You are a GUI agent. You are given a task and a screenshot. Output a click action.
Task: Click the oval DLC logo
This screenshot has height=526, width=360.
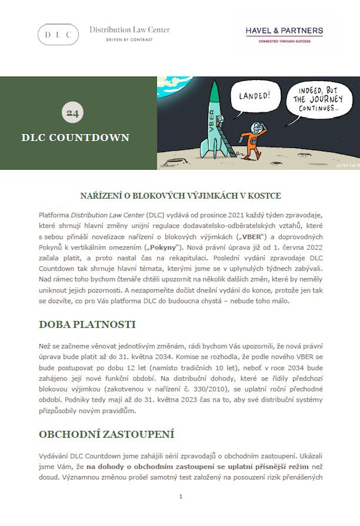[x=58, y=34]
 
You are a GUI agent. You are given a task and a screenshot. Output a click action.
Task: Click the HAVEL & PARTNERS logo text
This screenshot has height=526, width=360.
[x=284, y=31]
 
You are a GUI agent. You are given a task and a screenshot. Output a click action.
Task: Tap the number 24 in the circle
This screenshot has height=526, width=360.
[x=72, y=113]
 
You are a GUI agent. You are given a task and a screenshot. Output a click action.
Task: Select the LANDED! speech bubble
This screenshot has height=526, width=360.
[x=254, y=96]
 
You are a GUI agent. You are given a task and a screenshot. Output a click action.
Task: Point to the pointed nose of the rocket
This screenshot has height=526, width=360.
[x=214, y=85]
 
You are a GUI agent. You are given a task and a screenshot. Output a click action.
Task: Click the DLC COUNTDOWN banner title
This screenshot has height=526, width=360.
[x=75, y=137]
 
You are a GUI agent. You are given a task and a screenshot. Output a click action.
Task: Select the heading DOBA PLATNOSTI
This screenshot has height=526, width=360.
[x=87, y=324]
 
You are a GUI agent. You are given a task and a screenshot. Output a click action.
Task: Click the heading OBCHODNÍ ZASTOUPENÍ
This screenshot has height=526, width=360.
[x=106, y=434]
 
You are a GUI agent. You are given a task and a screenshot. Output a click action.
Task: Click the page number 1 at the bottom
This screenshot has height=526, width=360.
[x=181, y=496]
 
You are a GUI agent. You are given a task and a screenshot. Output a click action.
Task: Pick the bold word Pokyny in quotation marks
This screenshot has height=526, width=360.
[x=163, y=247]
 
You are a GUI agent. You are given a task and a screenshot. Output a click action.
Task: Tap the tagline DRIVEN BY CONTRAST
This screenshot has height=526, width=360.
[x=129, y=39]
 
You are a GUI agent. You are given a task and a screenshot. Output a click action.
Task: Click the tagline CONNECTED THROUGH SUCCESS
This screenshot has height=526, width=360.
[x=284, y=41]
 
